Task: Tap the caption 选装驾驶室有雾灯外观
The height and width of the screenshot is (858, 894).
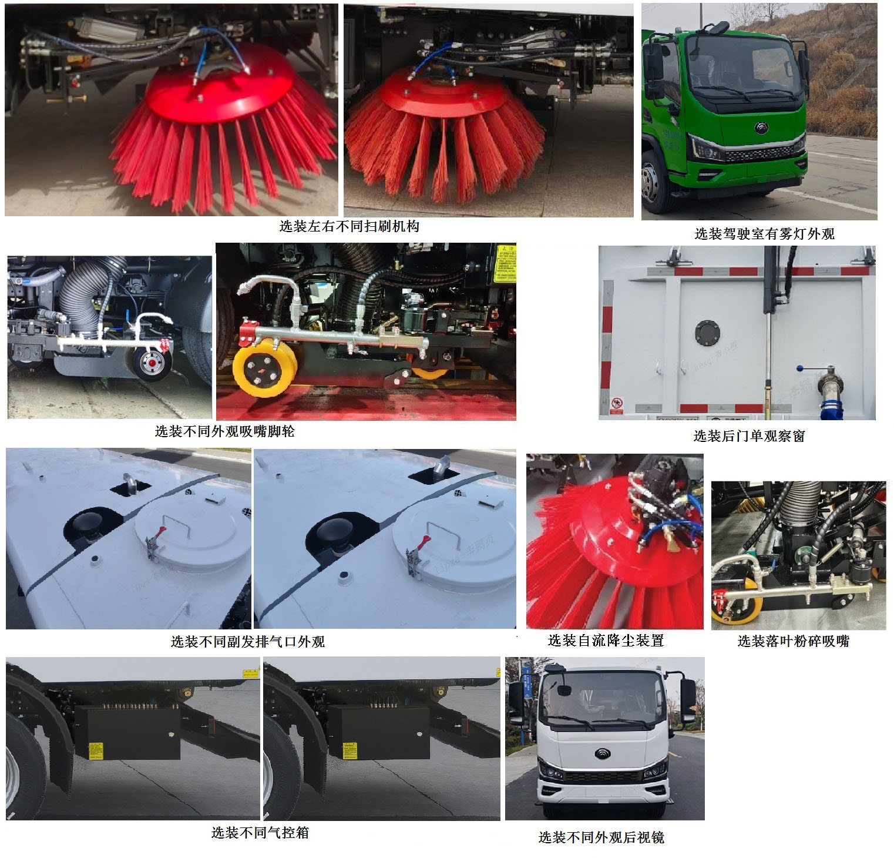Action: point(764,234)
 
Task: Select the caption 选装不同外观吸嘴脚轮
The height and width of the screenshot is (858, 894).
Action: point(224,431)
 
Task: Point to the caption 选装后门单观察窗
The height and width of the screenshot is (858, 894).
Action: point(749,435)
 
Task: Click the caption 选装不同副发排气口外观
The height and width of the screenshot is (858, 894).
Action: point(247,642)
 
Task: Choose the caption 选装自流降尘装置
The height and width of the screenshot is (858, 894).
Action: point(606,641)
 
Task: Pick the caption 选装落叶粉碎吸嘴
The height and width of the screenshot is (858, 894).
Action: point(793,641)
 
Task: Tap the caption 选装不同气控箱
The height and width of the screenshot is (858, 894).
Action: point(260,832)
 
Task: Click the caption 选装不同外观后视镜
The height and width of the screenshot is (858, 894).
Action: point(601,837)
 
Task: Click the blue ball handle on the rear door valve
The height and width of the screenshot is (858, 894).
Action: point(799,368)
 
